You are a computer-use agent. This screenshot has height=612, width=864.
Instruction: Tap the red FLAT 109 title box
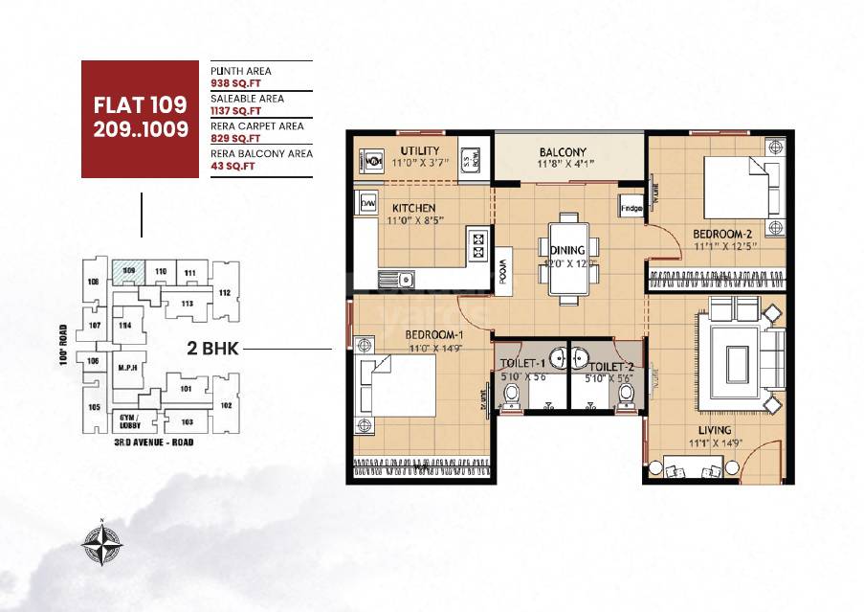click(141, 119)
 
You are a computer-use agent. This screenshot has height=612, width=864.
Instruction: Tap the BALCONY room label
click(562, 152)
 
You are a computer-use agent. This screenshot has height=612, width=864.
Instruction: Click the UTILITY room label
click(419, 150)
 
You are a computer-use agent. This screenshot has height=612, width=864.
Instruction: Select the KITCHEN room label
click(413, 208)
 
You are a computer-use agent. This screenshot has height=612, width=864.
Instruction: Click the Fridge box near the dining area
click(631, 208)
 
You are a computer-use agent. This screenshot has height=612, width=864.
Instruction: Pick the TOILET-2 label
click(611, 367)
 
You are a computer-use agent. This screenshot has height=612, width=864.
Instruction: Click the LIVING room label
click(714, 430)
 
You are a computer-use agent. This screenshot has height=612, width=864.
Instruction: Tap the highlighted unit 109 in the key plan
click(127, 272)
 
